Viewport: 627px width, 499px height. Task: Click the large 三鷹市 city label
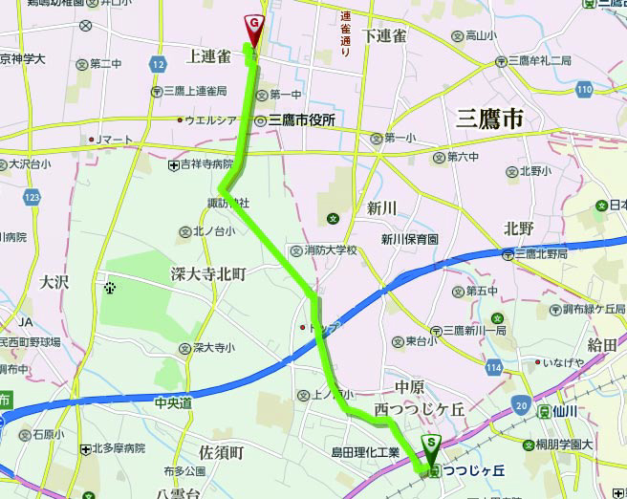pyautogui.click(x=490, y=119)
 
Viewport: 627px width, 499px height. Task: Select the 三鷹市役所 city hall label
pyautogui.click(x=301, y=120)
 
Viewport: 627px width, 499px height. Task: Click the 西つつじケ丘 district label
pyautogui.click(x=420, y=409)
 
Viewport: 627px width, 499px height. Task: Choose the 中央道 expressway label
pyautogui.click(x=173, y=403)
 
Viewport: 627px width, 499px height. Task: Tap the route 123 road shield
pyautogui.click(x=34, y=197)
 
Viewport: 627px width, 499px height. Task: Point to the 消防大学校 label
pyautogui.click(x=324, y=250)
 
